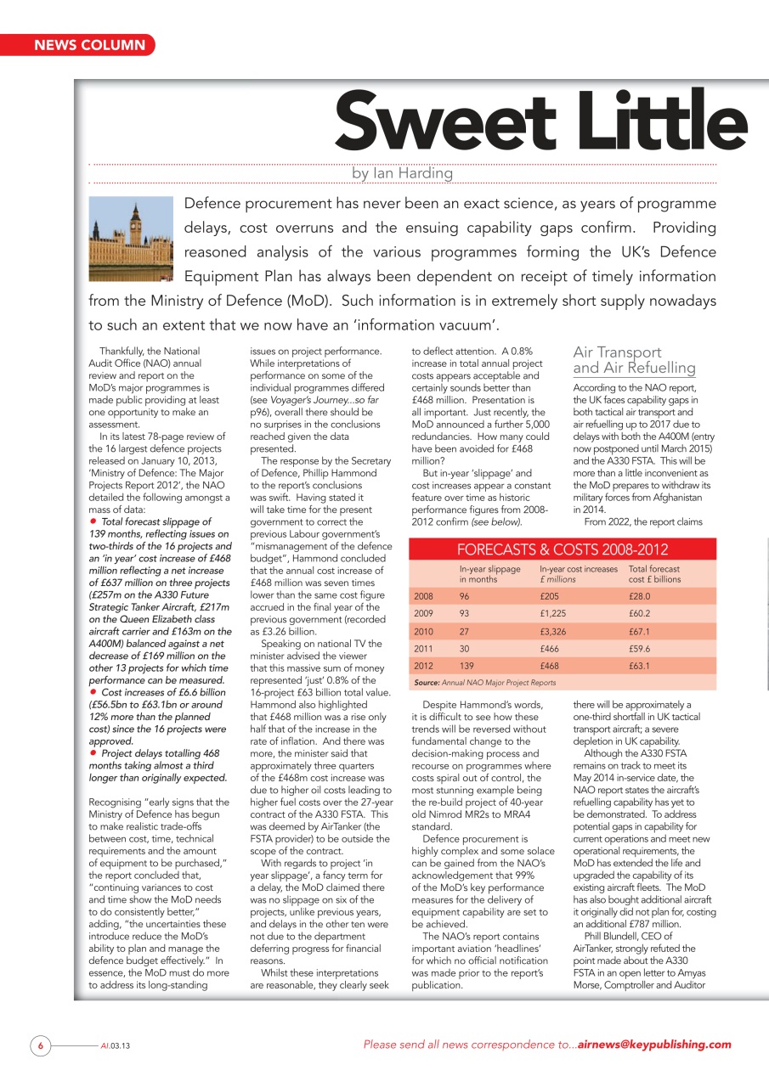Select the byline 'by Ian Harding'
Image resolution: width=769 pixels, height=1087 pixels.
pyautogui.click(x=402, y=173)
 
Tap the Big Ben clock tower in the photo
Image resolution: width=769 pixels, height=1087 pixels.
pyautogui.click(x=134, y=228)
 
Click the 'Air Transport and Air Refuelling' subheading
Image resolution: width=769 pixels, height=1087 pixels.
pyautogui.click(x=634, y=360)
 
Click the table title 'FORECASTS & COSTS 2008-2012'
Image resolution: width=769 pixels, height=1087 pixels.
pyautogui.click(x=563, y=549)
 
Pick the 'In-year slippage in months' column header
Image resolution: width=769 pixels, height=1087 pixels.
pyautogui.click(x=489, y=574)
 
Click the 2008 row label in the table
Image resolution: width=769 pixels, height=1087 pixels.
pyautogui.click(x=423, y=596)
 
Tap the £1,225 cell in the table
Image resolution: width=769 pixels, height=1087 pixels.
pyautogui.click(x=557, y=614)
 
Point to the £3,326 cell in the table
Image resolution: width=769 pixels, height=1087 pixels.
pyautogui.click(x=557, y=632)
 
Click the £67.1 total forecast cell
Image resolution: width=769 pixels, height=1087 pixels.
pyautogui.click(x=639, y=632)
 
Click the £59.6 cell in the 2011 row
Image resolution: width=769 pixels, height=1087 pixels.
pyautogui.click(x=639, y=649)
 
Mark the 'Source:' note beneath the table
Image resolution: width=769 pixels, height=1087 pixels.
pyautogui.click(x=427, y=683)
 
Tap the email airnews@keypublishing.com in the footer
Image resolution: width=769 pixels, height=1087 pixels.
pyautogui.click(x=653, y=1045)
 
